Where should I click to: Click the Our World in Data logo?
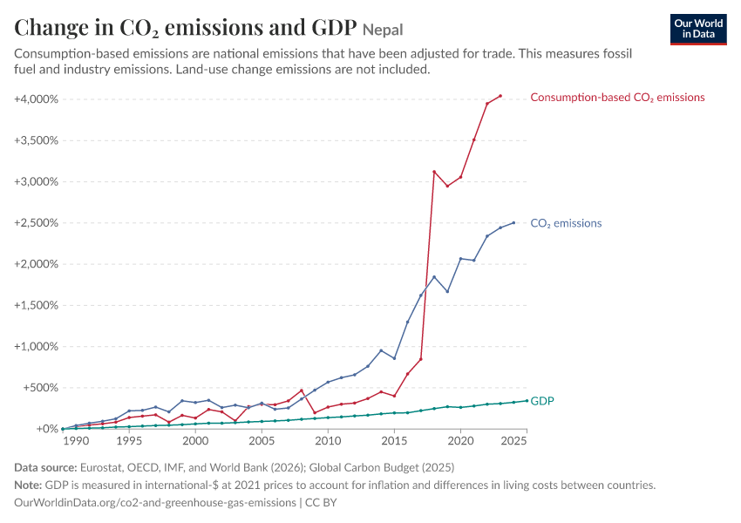coord(698,30)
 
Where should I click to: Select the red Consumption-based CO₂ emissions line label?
coord(617,98)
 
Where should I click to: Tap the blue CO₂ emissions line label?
coord(566,223)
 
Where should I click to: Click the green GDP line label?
coord(542,401)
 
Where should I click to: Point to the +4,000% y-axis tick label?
coord(36,99)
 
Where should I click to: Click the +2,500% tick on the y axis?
coord(36,223)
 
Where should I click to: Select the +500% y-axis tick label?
coord(41,388)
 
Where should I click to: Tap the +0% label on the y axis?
coord(47,429)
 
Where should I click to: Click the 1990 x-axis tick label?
coord(76,441)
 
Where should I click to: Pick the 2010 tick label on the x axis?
coord(328,441)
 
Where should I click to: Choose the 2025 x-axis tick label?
coord(513,441)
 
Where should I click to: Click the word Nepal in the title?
coord(383,30)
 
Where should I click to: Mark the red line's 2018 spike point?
coord(434,172)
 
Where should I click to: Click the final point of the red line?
coord(500,96)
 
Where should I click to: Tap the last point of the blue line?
coord(513,222)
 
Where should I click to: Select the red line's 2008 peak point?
coord(302,391)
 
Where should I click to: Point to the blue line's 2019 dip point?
coord(447,291)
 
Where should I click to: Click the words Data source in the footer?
coord(45,468)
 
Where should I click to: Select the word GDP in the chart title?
coord(334,27)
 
